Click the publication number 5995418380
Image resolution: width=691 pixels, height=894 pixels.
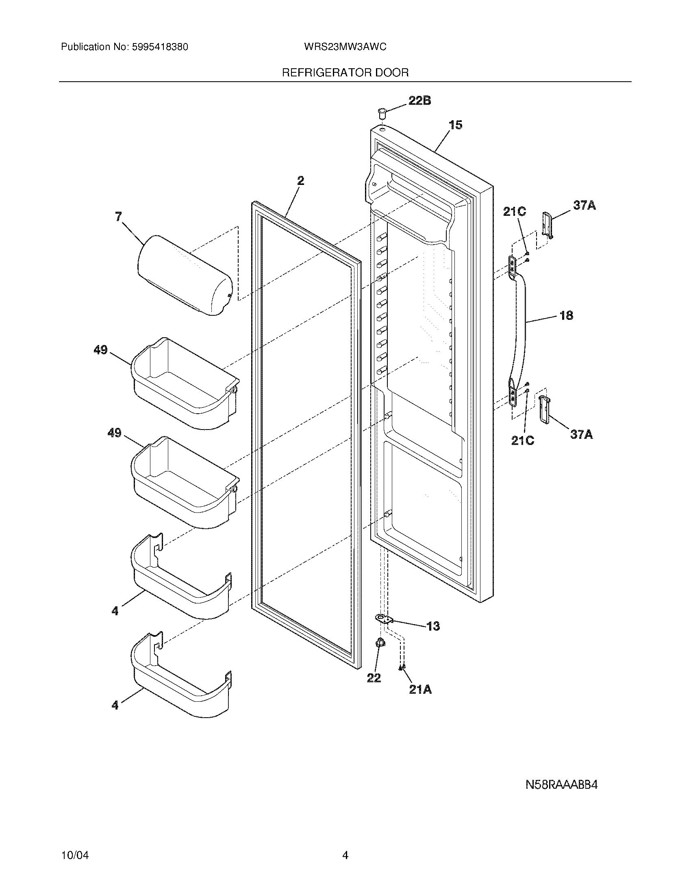click(160, 47)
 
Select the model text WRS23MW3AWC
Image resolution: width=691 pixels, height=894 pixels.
click(345, 47)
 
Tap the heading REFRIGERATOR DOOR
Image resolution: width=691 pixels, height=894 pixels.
click(345, 73)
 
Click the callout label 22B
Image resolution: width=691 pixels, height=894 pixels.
click(419, 101)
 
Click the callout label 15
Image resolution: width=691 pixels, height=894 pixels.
click(455, 125)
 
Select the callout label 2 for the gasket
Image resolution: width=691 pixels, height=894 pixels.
click(300, 180)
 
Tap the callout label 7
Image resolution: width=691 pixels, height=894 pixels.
click(119, 217)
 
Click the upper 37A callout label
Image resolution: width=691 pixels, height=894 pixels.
click(584, 206)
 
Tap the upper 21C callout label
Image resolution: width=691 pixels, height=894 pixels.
click(515, 212)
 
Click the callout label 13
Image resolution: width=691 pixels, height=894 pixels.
click(433, 626)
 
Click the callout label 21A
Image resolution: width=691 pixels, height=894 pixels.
click(420, 690)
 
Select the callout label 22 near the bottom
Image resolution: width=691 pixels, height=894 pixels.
click(374, 678)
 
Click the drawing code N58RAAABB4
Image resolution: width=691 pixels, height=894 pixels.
click(562, 785)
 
